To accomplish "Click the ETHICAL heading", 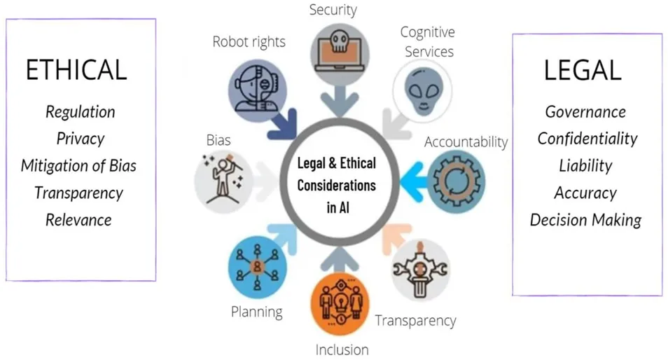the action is tap(77, 70).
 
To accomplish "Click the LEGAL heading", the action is tap(583, 70).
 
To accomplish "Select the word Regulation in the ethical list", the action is tap(81, 112).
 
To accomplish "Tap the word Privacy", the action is tap(81, 139).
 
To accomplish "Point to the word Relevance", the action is tap(79, 220).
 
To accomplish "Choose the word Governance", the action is tap(586, 112).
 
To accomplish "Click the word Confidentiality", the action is tap(587, 139).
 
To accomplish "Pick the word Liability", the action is tap(586, 166).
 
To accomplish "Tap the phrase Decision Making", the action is tap(586, 220).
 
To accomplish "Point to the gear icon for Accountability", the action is tap(457, 181).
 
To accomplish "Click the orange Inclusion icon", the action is tap(340, 303).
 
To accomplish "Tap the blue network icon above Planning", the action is tap(257, 267).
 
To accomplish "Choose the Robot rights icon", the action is tap(257, 92).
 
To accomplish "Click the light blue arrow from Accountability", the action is tap(414, 181).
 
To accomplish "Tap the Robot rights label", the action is tap(249, 42).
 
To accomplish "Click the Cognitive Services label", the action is tap(428, 42).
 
